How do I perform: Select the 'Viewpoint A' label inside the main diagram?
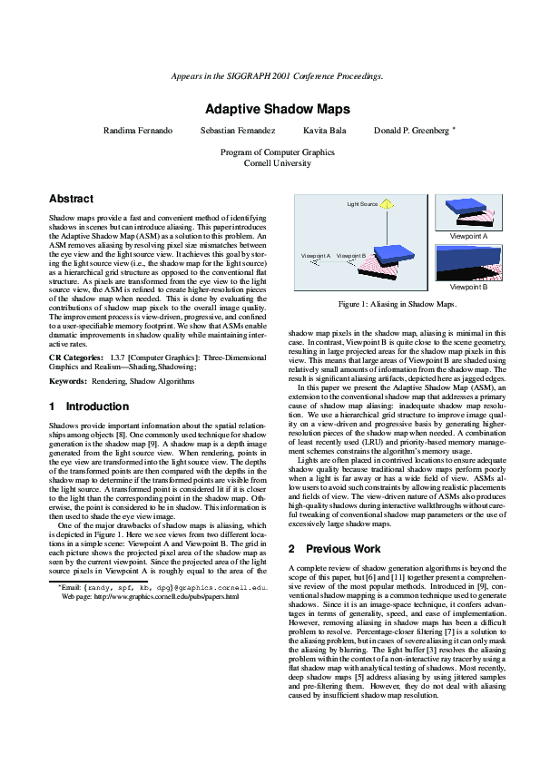click(x=316, y=256)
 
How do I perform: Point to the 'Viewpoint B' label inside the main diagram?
click(x=351, y=256)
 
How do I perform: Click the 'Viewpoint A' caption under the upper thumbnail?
click(x=469, y=236)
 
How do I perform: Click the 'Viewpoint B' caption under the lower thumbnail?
click(x=469, y=287)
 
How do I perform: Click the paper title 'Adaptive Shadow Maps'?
click(x=270, y=108)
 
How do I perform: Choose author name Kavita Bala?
click(x=320, y=131)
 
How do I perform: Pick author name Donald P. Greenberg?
click(x=410, y=131)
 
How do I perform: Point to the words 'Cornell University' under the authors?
click(x=270, y=164)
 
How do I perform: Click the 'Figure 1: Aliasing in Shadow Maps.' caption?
click(x=398, y=305)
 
